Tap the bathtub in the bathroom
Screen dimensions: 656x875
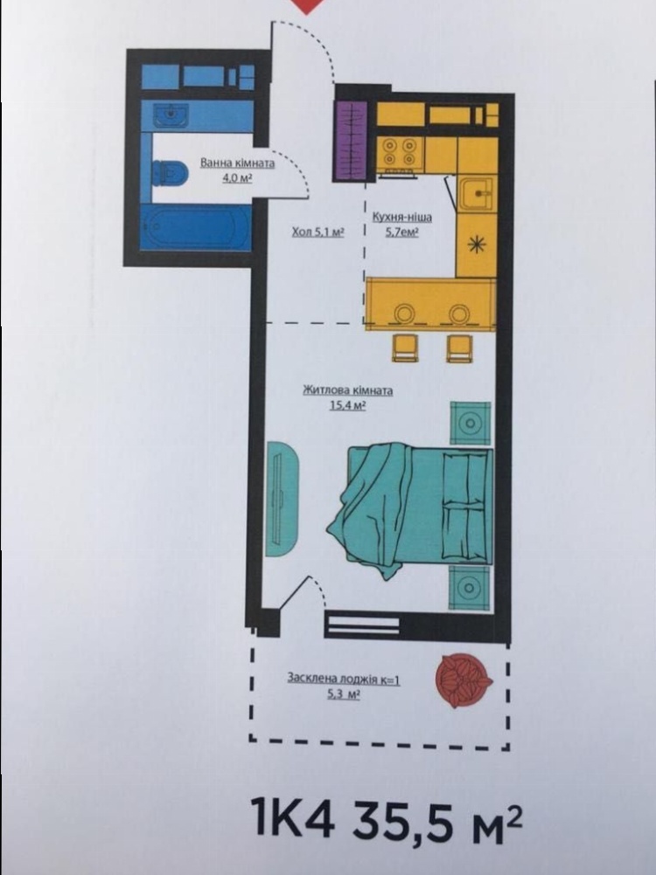196,227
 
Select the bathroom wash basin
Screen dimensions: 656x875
171,115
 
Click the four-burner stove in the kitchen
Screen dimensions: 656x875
400,152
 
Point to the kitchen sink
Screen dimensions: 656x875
477,193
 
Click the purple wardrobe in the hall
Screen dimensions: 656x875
350,141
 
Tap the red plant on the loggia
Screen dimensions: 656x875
464,680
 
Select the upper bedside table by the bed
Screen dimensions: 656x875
471,423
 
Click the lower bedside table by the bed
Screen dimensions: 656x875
470,588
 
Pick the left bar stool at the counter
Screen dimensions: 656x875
405,348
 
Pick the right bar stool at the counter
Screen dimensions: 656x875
460,348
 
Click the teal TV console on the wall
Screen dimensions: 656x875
282,499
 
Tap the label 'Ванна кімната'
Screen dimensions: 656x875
238,164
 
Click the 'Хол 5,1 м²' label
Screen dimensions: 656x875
318,232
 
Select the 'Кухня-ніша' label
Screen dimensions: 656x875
401,217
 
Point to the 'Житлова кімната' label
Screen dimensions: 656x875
347,390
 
